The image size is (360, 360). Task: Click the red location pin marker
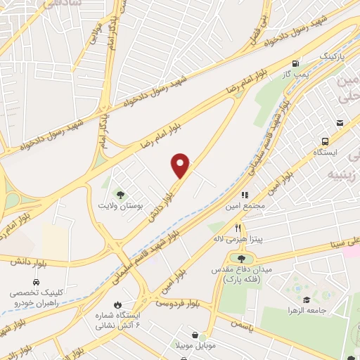[x=181, y=166]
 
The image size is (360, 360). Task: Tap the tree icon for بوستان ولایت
[x=120, y=195]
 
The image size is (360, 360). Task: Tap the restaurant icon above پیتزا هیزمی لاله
[x=238, y=228]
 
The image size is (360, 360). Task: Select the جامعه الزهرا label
[x=303, y=310]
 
